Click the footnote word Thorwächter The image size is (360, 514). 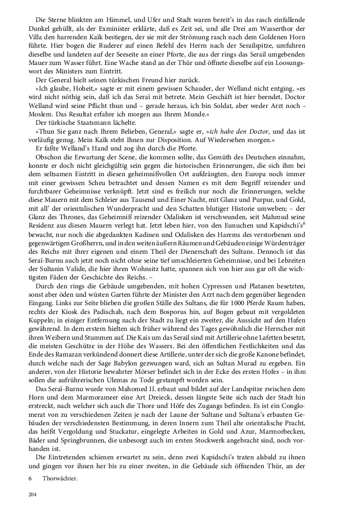[60, 479]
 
